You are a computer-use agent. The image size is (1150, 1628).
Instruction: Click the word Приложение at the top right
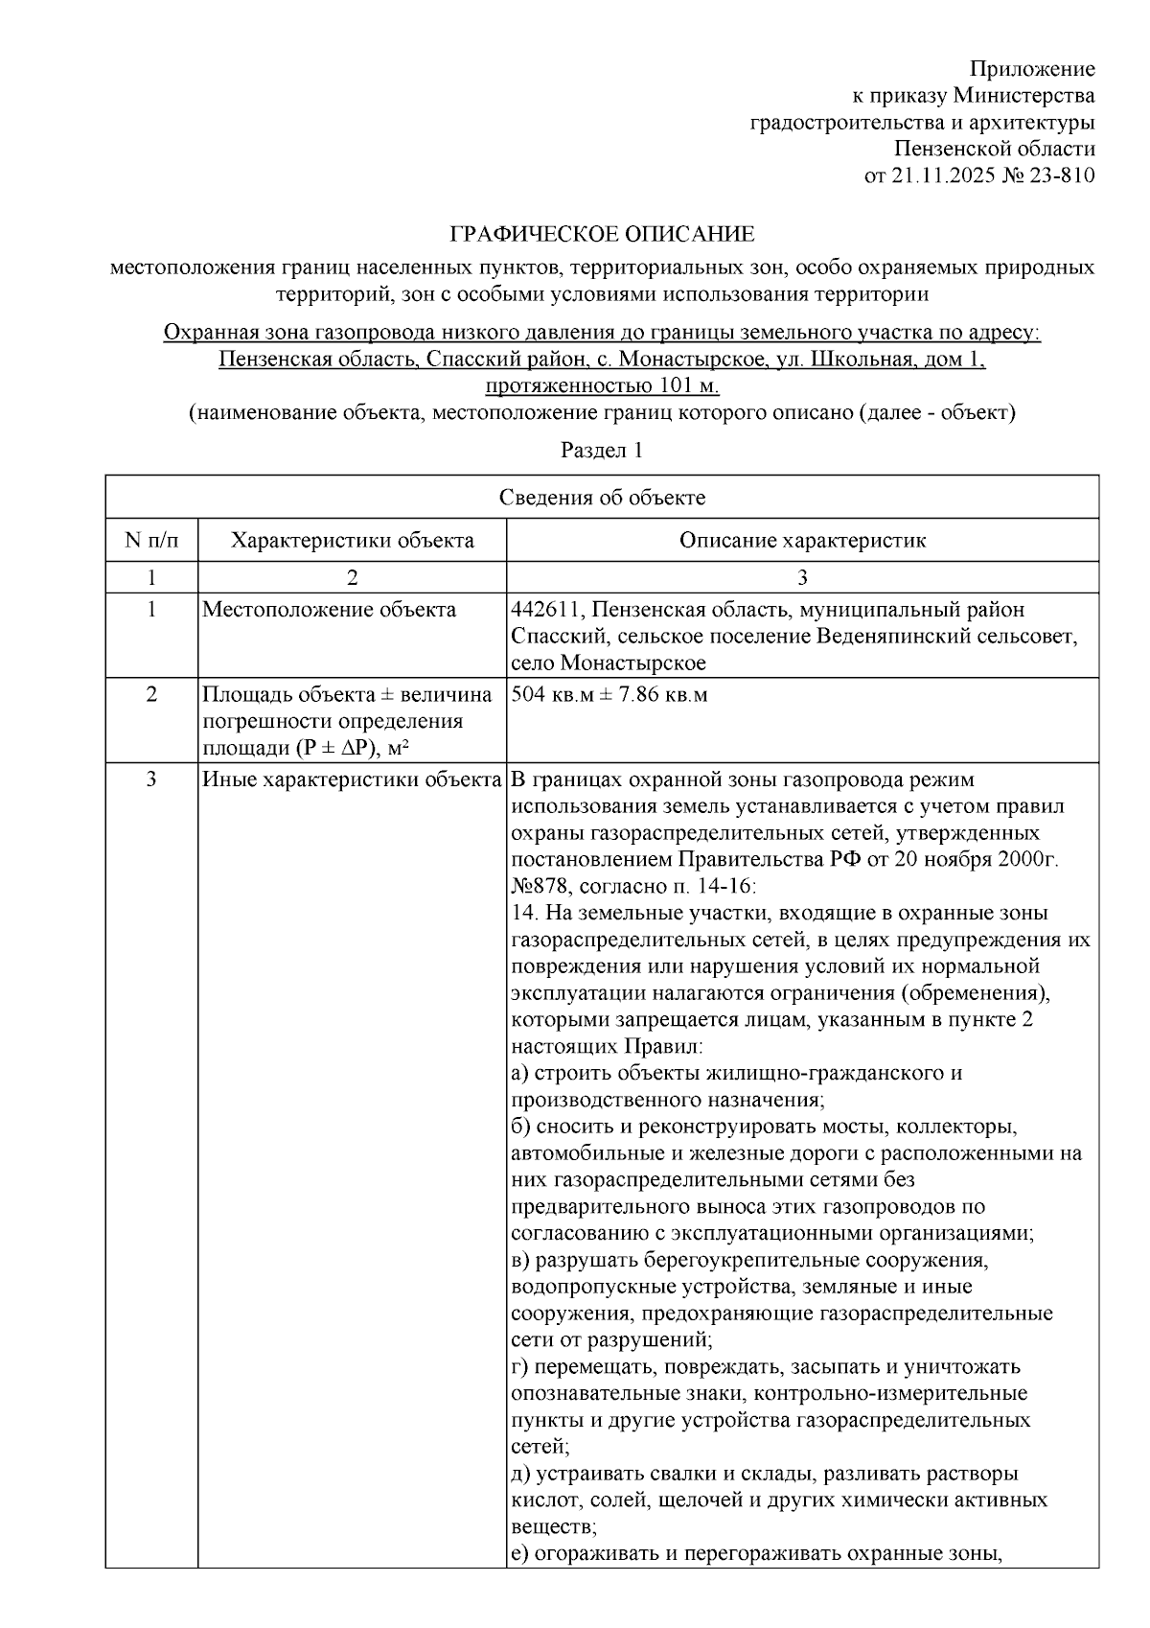pyautogui.click(x=1032, y=69)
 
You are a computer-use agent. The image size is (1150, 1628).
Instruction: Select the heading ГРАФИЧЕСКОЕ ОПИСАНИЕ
pyautogui.click(x=603, y=235)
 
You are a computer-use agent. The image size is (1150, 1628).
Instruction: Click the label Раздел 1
pyautogui.click(x=601, y=450)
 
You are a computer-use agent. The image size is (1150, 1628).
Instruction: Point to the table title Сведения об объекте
pyautogui.click(x=602, y=498)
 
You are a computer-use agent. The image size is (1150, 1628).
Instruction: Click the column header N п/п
pyautogui.click(x=151, y=541)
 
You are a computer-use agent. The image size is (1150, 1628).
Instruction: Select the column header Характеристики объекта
pyautogui.click(x=352, y=541)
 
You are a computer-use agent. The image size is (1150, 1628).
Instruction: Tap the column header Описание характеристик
pyautogui.click(x=802, y=541)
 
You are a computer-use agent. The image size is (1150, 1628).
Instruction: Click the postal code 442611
pyautogui.click(x=542, y=610)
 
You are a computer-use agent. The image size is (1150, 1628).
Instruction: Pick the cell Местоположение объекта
pyautogui.click(x=329, y=610)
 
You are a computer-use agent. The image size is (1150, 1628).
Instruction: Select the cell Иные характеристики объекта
pyautogui.click(x=352, y=779)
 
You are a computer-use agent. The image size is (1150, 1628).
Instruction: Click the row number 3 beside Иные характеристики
pyautogui.click(x=151, y=779)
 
